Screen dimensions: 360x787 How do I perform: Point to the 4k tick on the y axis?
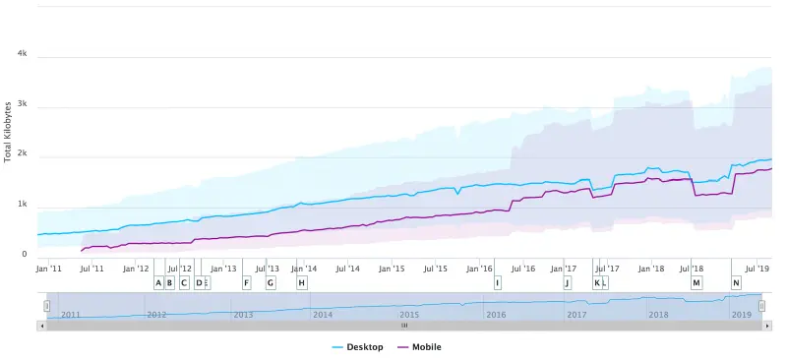tap(22, 55)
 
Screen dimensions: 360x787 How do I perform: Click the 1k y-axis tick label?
tap(22, 206)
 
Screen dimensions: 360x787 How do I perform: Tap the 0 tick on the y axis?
tap(25, 255)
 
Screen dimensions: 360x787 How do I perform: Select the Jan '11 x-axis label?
tap(49, 268)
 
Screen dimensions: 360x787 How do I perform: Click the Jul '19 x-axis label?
tap(757, 268)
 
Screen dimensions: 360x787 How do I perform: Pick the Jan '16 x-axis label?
tap(479, 268)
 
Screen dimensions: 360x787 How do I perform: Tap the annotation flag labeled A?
tap(158, 283)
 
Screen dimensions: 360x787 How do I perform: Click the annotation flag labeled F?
tap(246, 283)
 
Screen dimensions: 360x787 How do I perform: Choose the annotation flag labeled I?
tap(497, 283)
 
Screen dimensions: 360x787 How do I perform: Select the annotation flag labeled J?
tap(567, 283)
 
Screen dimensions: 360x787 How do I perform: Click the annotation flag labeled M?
tap(696, 283)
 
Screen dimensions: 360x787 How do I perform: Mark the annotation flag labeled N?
tap(736, 283)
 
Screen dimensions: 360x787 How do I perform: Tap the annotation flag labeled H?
tap(301, 283)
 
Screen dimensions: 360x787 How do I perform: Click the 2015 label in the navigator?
tap(409, 315)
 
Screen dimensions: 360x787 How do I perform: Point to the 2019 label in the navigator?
tap(742, 315)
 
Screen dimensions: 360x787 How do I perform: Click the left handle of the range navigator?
tap(45, 306)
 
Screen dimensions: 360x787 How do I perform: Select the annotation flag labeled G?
tap(271, 283)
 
